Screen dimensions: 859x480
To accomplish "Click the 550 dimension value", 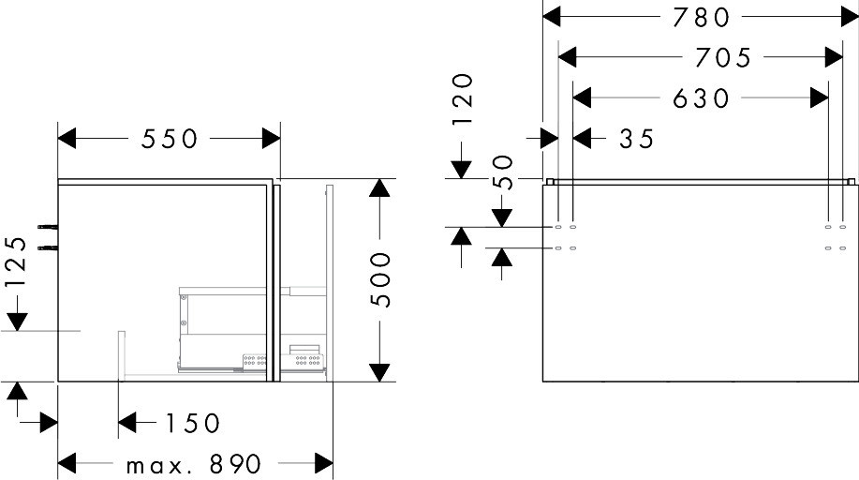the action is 169,139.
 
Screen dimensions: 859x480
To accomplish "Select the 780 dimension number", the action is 702,18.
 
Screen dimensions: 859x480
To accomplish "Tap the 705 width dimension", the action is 723,57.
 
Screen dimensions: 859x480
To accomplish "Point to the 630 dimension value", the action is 702,98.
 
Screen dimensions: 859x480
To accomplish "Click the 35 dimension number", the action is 637,139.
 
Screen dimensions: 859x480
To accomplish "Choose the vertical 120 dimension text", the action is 463,99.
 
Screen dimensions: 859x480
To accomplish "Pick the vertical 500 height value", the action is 380,279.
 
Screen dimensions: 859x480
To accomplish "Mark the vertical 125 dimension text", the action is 15,262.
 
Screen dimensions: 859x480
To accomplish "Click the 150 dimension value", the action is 192,423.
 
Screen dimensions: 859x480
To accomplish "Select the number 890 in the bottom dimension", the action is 235,465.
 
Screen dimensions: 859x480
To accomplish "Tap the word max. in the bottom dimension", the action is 156,466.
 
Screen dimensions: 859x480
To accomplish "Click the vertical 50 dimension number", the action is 503,172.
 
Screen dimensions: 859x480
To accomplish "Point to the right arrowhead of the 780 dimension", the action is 850,17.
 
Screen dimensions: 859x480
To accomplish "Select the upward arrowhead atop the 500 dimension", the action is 379,187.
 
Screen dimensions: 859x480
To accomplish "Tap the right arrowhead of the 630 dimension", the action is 820,98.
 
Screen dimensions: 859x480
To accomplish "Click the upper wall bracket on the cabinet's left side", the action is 48,227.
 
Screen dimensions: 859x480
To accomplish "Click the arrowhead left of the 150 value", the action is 127,423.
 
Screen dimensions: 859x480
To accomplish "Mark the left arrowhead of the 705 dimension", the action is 567,56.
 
